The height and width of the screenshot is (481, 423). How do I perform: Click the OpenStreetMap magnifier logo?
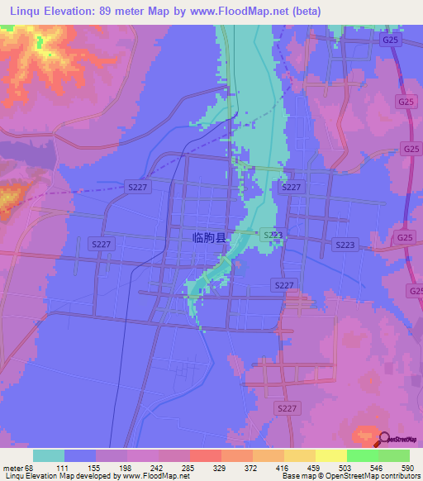[383, 439]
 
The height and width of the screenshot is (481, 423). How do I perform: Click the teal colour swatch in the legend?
[49, 455]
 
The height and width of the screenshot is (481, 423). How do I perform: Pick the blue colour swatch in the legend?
[80, 455]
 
